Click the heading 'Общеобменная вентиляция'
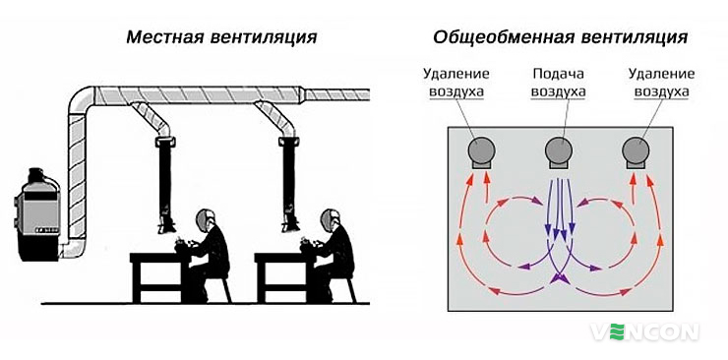coord(559,36)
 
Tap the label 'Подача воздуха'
coord(558,83)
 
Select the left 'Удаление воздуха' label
coord(454,83)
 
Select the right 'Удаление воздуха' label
coord(661,83)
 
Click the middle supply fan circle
coord(560,151)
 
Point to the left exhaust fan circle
coord(482,151)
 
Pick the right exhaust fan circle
coord(637,151)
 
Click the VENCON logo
coord(644,332)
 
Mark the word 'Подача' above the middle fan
coord(558,74)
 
